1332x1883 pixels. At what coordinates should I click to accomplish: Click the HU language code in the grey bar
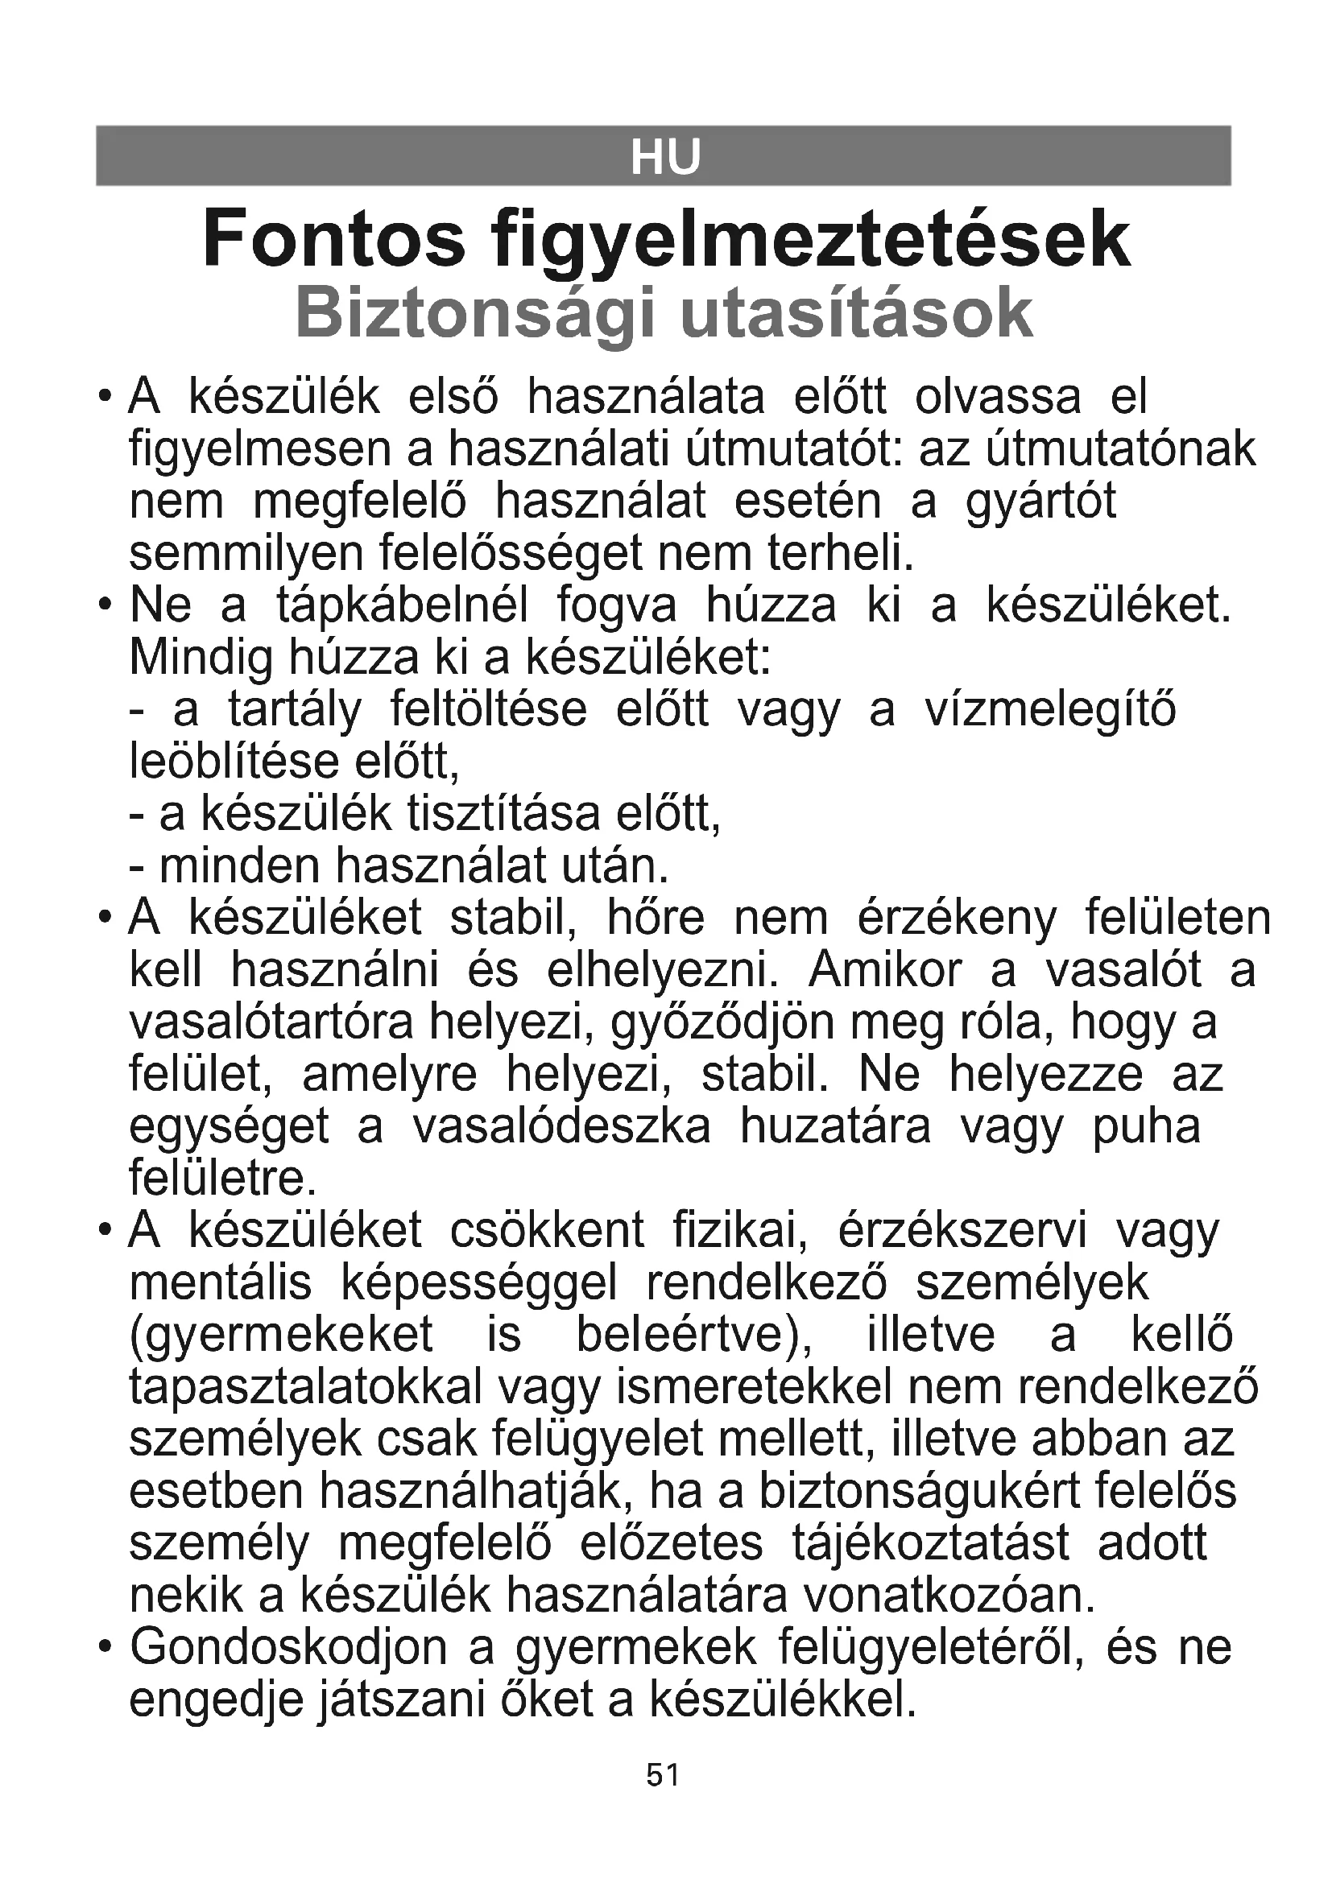point(665,157)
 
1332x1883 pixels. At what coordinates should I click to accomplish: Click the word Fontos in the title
point(334,238)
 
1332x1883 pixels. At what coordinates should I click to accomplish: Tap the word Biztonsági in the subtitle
point(475,314)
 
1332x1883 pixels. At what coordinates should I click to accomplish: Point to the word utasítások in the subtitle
point(856,312)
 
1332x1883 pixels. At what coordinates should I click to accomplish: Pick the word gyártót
point(1040,502)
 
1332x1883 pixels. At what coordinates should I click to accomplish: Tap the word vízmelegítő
point(1051,710)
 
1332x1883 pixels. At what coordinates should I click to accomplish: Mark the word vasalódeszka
point(561,1126)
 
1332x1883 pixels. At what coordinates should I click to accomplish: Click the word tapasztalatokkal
point(306,1387)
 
